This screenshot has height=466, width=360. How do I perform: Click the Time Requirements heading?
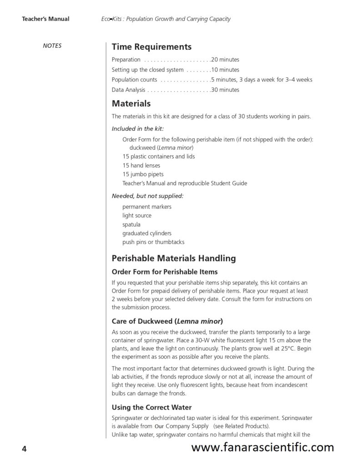coord(151,47)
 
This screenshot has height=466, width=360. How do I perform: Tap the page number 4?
coord(24,449)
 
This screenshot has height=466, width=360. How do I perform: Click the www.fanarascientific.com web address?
coord(262,447)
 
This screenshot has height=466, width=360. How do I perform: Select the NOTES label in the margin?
coord(52,46)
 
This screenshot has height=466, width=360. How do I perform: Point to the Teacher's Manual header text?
coord(46,19)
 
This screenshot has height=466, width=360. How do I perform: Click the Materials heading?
coord(131,104)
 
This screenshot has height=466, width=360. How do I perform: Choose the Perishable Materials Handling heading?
coord(173,258)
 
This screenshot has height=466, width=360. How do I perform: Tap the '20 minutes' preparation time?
coord(225,60)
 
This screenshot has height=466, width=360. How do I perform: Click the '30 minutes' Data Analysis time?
coord(225,90)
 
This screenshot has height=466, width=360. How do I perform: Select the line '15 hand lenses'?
coord(141,165)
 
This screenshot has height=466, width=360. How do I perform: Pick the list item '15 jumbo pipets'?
coord(143,174)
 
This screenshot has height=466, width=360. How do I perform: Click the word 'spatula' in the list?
coord(132,224)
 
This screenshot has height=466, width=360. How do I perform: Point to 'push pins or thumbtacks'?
coord(153,242)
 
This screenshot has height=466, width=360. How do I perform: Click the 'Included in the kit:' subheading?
coord(138,129)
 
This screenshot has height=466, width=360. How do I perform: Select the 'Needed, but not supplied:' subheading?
coord(147,196)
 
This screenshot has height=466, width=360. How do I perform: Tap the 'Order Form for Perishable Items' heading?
coord(165,272)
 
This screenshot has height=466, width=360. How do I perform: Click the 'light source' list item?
coord(137,215)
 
